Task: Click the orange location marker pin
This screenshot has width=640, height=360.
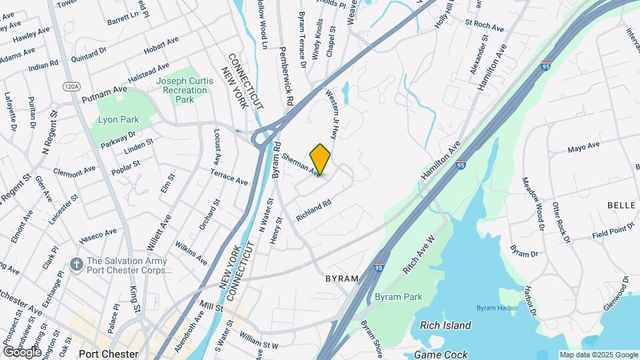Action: [x=321, y=159]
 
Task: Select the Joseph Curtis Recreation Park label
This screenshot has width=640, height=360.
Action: [x=185, y=90]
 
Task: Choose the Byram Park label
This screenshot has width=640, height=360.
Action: [x=399, y=297]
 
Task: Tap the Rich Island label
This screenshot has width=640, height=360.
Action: [x=445, y=325]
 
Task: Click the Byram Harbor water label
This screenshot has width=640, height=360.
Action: [x=497, y=307]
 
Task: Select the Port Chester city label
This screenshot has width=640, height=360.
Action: [x=108, y=354]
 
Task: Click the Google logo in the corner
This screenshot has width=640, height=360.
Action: [x=21, y=351]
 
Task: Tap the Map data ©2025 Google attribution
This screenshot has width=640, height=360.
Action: [x=598, y=355]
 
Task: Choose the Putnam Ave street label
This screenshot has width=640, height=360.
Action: [x=104, y=93]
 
